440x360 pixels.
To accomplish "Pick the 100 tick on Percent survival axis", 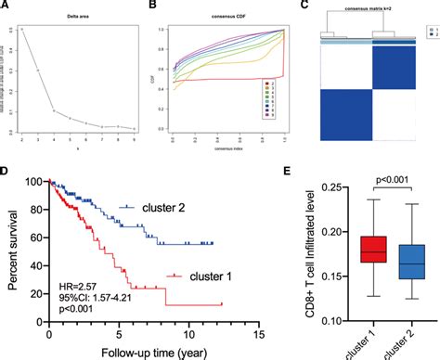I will (x=36, y=182).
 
